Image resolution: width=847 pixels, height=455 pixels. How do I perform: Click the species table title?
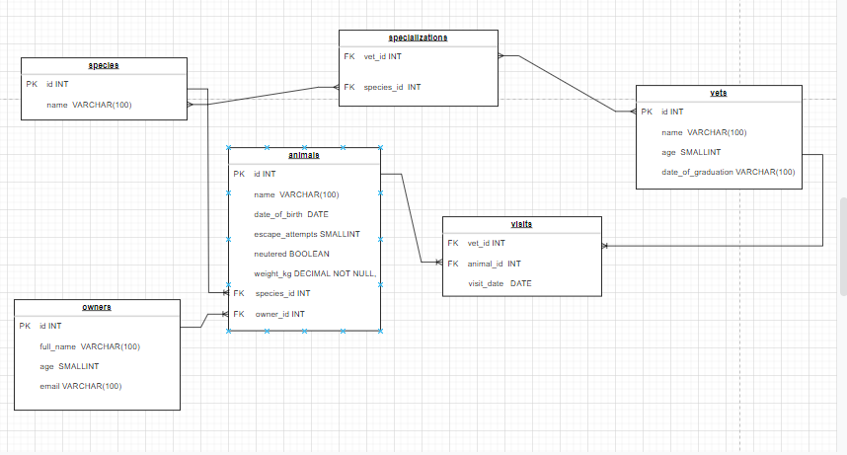[x=104, y=65]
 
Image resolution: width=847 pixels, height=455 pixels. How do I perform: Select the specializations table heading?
[x=419, y=38]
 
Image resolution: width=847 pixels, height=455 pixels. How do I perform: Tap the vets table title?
[x=718, y=93]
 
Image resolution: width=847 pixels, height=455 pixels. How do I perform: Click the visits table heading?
[x=521, y=224]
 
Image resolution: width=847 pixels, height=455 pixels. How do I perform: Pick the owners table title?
[x=96, y=307]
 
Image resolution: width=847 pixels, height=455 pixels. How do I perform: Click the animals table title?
[x=304, y=156]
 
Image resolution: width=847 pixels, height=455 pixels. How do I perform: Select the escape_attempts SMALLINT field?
[x=306, y=234]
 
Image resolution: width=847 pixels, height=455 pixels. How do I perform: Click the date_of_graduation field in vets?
[x=728, y=172]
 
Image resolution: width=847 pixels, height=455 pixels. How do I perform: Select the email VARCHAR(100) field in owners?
[x=80, y=386]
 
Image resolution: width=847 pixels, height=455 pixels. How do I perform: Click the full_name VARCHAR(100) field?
[x=90, y=346]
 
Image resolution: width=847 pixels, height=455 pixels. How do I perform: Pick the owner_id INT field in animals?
[x=280, y=314]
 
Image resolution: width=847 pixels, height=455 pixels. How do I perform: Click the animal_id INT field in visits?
[x=494, y=264]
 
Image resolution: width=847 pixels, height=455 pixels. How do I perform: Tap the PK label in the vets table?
[x=647, y=112]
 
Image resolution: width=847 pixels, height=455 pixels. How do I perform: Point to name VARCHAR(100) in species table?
[x=89, y=105]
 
